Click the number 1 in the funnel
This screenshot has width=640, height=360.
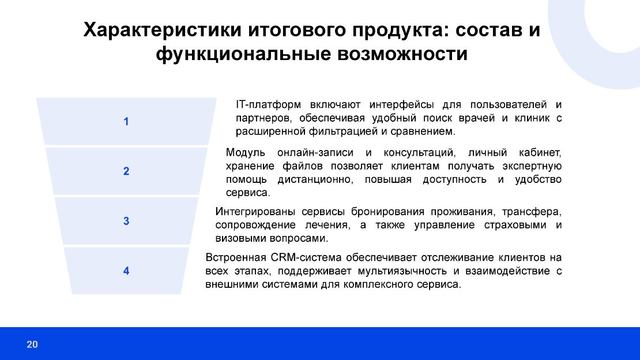[x=126, y=122]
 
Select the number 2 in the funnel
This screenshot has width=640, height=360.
[x=126, y=171]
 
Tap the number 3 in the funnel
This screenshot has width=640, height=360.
[x=126, y=221]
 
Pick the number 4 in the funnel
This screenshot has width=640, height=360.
[x=126, y=271]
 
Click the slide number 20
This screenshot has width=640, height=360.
[x=32, y=345]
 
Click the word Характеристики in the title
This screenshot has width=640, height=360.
[x=161, y=30]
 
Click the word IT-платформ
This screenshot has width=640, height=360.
[x=268, y=105]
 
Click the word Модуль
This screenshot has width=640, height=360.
[x=246, y=153]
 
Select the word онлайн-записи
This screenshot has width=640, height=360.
[x=313, y=153]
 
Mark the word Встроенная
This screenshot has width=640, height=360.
[x=235, y=257]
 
